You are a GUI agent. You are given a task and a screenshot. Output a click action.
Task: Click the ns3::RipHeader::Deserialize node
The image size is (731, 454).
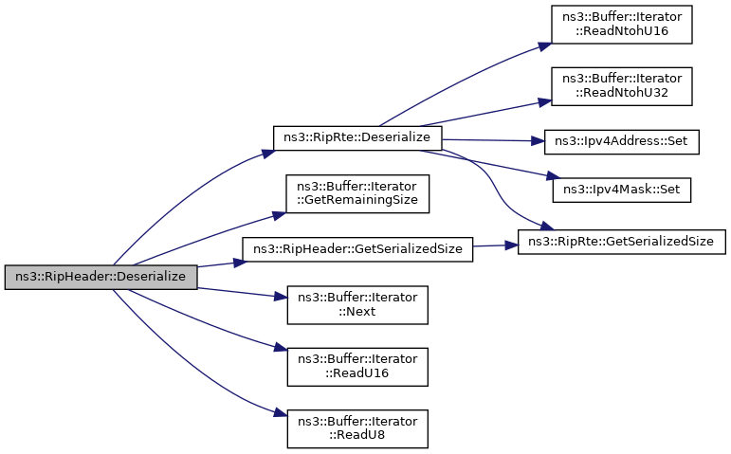pyautogui.click(x=101, y=277)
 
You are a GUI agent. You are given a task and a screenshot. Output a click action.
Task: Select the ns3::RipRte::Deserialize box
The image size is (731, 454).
pyautogui.click(x=357, y=137)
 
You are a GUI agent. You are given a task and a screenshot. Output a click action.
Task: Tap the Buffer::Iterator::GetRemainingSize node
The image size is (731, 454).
pyautogui.click(x=357, y=193)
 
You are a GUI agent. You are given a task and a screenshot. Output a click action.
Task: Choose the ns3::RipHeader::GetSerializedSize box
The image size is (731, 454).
pyautogui.click(x=357, y=249)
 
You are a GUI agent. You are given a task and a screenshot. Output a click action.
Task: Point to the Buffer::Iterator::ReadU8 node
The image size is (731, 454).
pyautogui.click(x=357, y=428)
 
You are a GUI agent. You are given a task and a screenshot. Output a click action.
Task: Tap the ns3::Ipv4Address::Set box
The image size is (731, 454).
pyautogui.click(x=622, y=141)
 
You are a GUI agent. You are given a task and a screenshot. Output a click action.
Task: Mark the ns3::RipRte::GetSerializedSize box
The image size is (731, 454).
pyautogui.click(x=622, y=242)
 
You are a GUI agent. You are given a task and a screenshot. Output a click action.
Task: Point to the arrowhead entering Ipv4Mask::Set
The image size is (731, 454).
pyautogui.click(x=547, y=177)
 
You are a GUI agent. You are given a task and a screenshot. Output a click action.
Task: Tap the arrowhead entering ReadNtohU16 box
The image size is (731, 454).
pyautogui.click(x=546, y=44)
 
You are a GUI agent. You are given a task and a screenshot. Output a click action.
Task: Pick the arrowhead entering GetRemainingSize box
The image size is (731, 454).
pyautogui.click(x=282, y=213)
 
